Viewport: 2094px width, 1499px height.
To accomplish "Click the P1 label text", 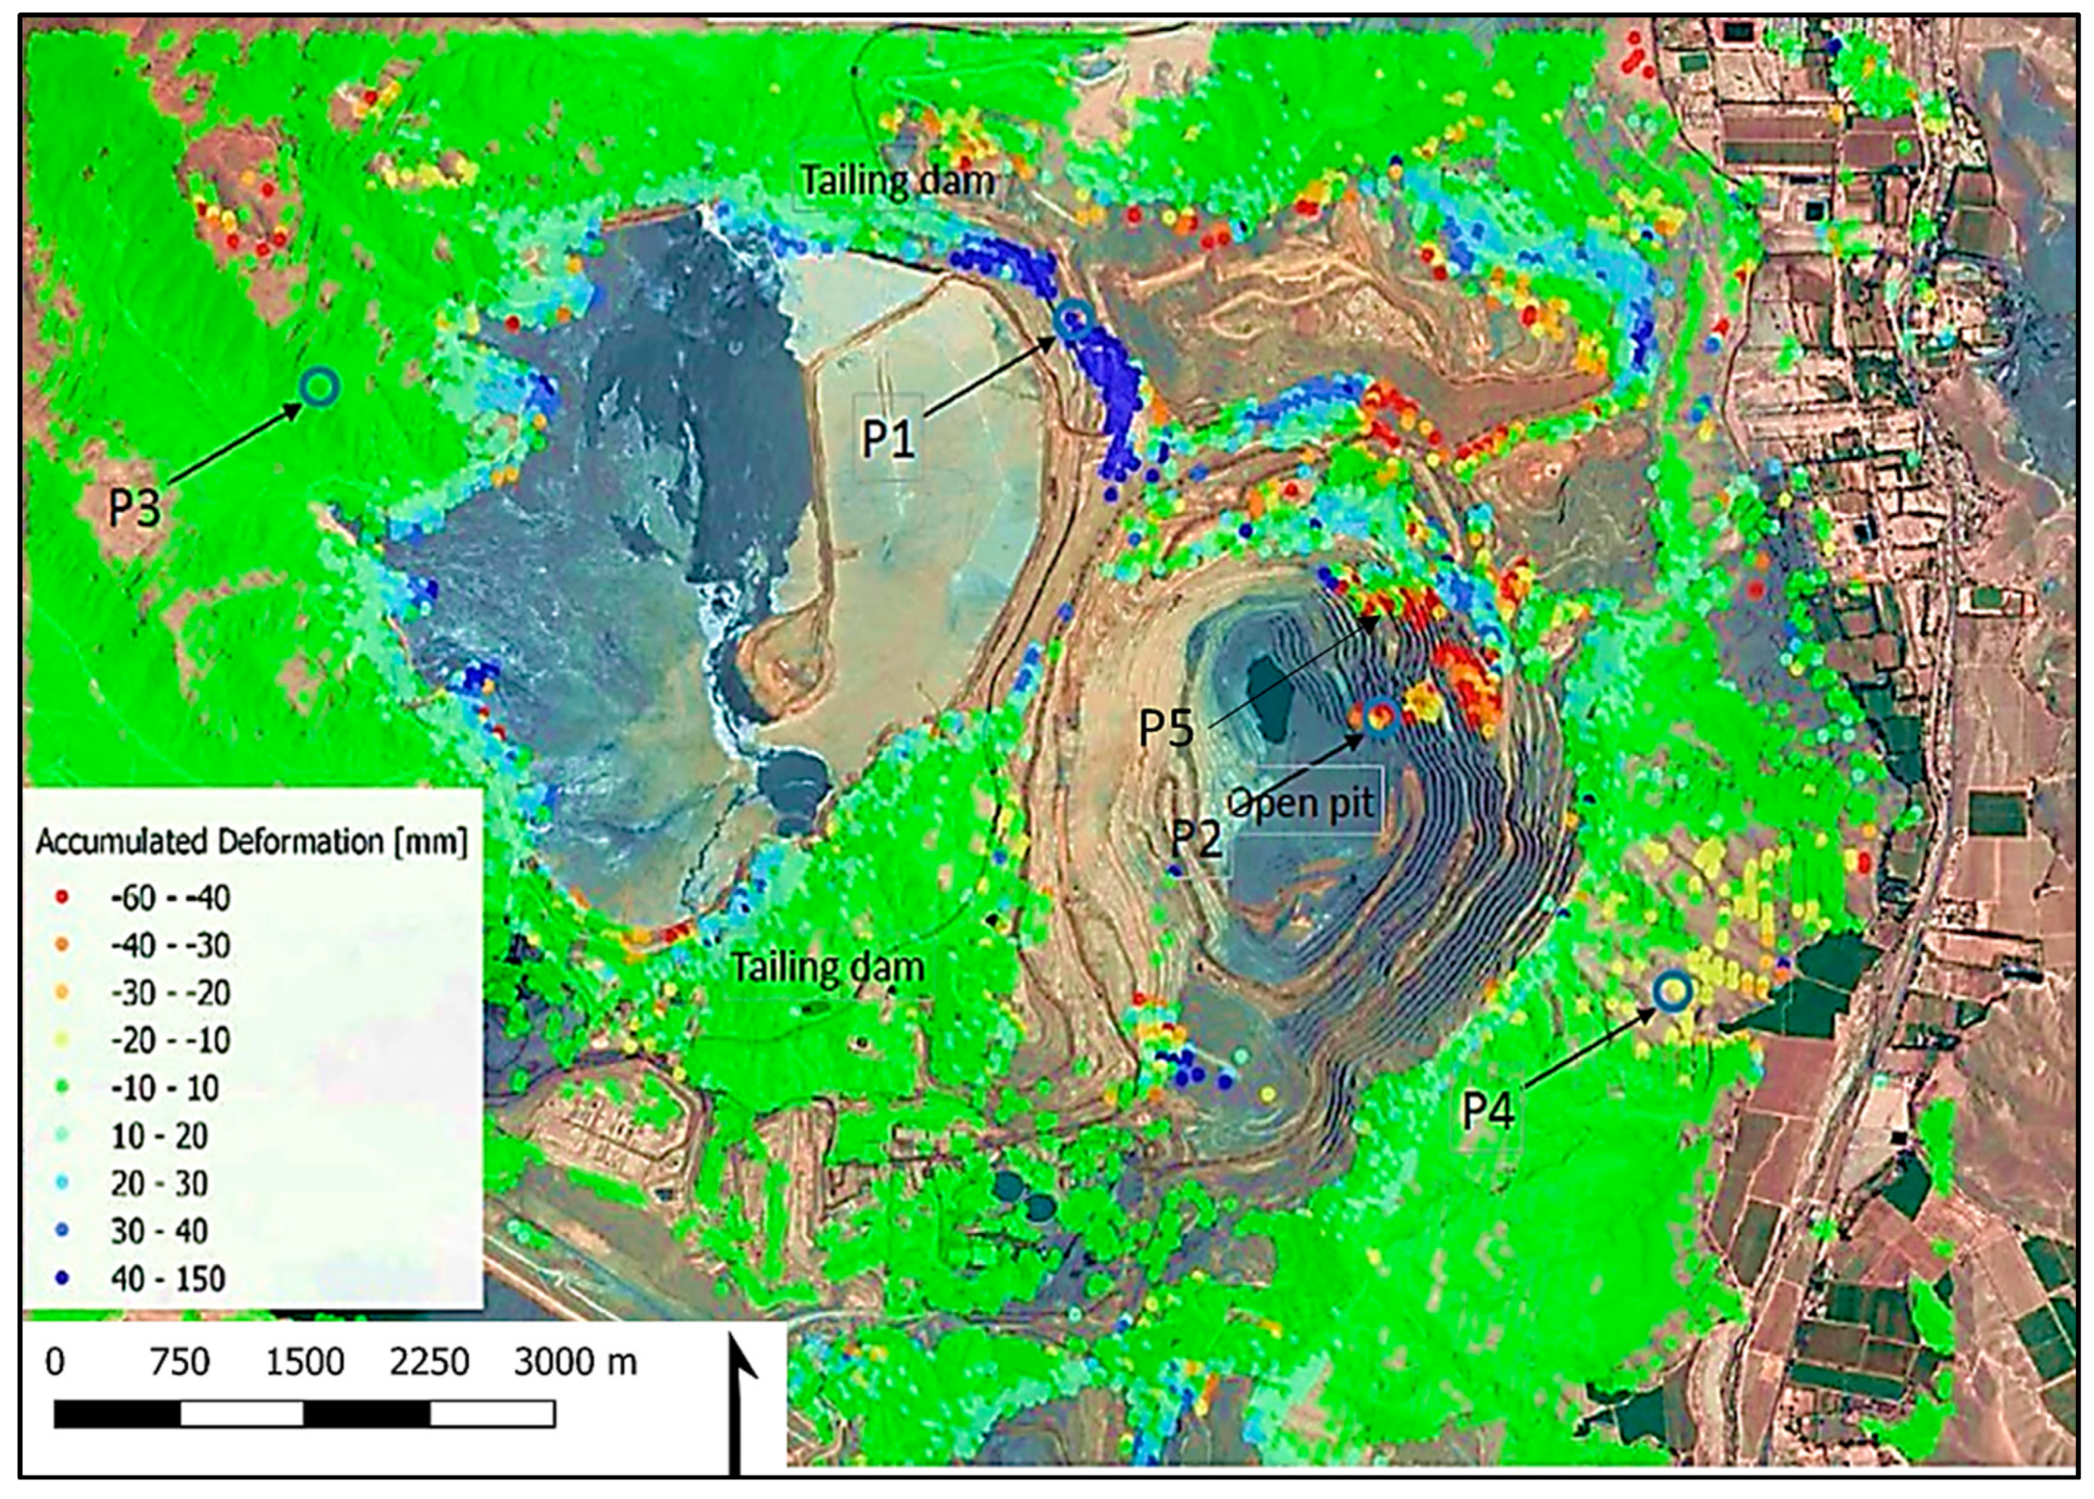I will [x=888, y=438].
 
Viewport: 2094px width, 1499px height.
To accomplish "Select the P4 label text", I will [x=1487, y=1111].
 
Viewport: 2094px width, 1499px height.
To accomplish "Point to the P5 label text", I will [x=1166, y=728].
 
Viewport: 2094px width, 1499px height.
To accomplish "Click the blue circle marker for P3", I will [x=320, y=388].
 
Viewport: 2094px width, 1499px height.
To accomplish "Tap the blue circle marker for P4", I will [x=1672, y=992].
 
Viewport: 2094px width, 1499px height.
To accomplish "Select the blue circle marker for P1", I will [x=1074, y=319].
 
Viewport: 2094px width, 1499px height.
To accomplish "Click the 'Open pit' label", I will [x=1302, y=803].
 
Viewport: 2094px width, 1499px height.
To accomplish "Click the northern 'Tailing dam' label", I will [x=897, y=181].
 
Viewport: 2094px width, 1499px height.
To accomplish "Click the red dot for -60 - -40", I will [x=62, y=897].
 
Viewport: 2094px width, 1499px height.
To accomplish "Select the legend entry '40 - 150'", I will [x=166, y=1278].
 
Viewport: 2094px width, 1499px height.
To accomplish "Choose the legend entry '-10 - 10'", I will [x=164, y=1088].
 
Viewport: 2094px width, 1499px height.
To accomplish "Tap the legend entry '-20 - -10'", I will [x=170, y=1040].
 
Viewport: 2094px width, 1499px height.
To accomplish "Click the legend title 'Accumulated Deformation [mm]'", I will [x=251, y=842].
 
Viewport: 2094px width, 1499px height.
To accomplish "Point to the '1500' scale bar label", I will [x=305, y=1362].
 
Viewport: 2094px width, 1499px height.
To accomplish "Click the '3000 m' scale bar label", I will [x=574, y=1362].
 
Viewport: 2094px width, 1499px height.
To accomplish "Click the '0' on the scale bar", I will [x=54, y=1362].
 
